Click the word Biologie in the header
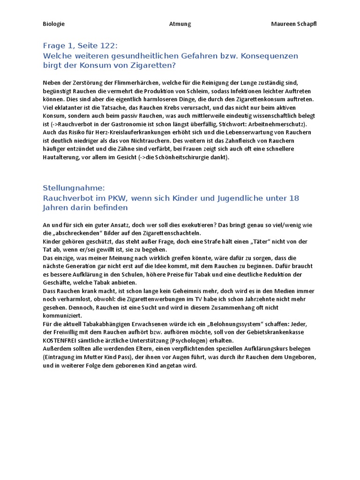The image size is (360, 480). (53, 24)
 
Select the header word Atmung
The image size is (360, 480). (180, 24)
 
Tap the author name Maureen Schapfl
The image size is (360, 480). (294, 24)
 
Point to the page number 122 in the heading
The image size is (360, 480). (105, 45)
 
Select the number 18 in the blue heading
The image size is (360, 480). (293, 198)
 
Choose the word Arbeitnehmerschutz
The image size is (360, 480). (274, 124)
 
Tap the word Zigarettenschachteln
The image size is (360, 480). (170, 233)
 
